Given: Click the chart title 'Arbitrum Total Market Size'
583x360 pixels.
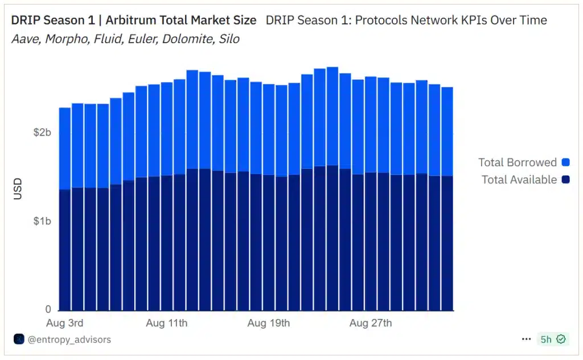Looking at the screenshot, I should [x=181, y=21].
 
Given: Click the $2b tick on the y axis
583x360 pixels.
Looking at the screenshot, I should [x=42, y=132].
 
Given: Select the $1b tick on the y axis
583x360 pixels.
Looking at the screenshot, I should [x=42, y=221].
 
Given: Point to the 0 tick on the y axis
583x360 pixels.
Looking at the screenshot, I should [x=48, y=309].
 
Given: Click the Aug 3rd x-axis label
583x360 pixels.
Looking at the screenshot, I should [x=64, y=323].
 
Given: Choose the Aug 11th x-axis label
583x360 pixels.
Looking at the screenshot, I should [x=166, y=323].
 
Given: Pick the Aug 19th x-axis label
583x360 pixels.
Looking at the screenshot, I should [x=268, y=323].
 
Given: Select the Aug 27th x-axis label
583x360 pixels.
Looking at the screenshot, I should [x=371, y=323].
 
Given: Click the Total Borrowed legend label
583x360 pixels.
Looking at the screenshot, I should [x=517, y=162].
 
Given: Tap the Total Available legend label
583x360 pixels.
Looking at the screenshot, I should [x=519, y=179].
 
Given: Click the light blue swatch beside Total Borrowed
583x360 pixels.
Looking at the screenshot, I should [x=565, y=162].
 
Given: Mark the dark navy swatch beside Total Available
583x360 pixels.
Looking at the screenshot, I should [x=565, y=179].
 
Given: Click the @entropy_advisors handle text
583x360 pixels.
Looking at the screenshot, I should [x=69, y=339].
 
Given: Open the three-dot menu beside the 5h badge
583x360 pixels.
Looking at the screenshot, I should [x=526, y=339].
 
